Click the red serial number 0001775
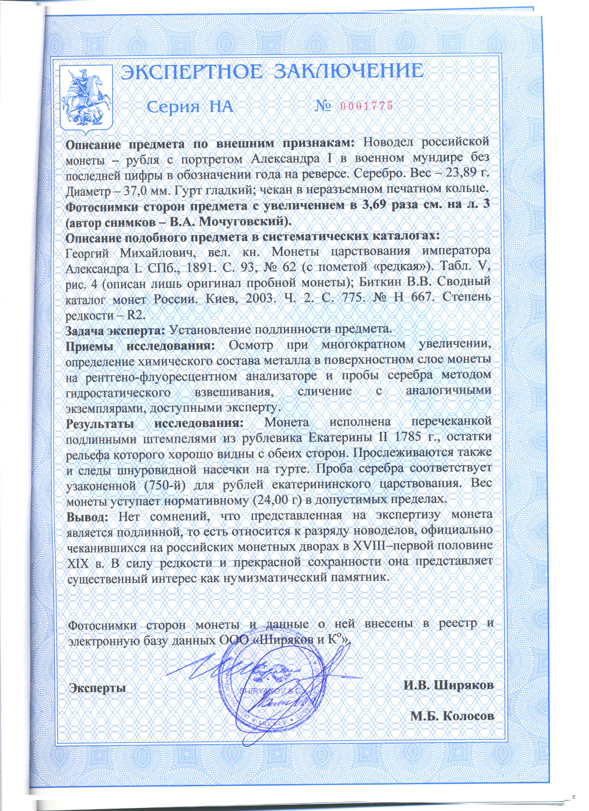tap(366, 107)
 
